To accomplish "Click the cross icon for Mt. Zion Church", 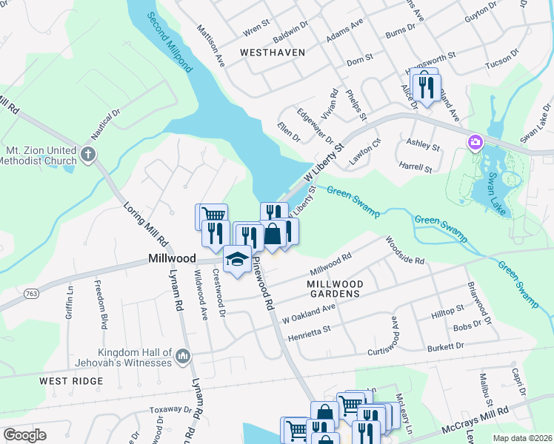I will pos(88,155).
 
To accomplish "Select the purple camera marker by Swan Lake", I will pos(474,141).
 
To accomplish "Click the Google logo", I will pos(24,435).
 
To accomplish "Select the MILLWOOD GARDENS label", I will pos(336,289).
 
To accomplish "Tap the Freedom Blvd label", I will pos(103,299).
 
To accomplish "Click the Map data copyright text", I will pos(521,438).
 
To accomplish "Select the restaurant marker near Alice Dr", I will pos(426,88).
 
